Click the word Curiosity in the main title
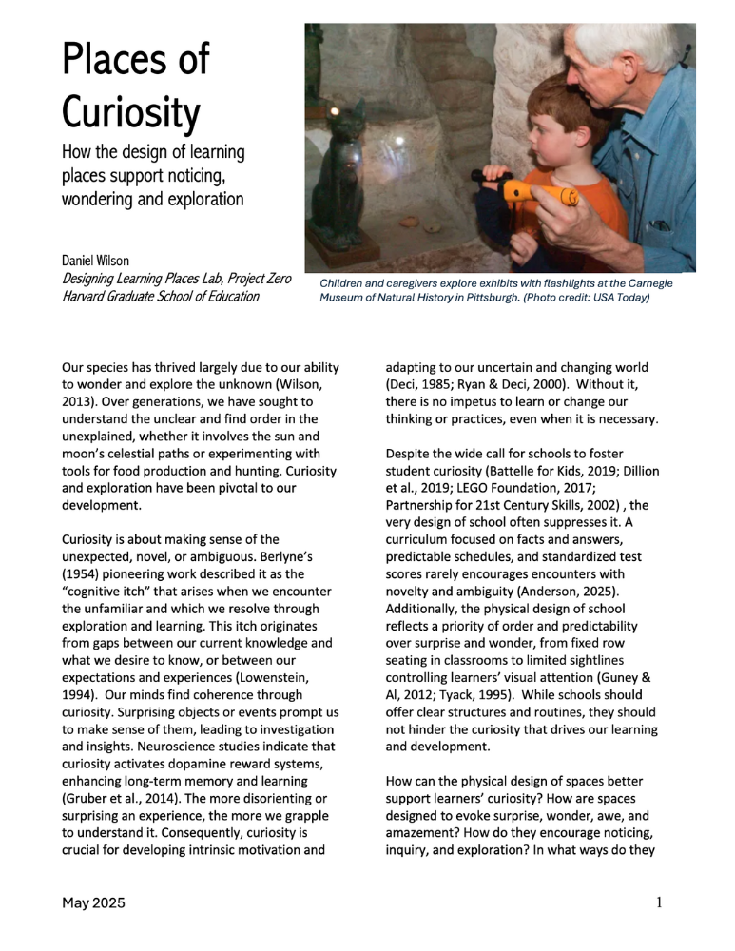coord(130,114)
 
